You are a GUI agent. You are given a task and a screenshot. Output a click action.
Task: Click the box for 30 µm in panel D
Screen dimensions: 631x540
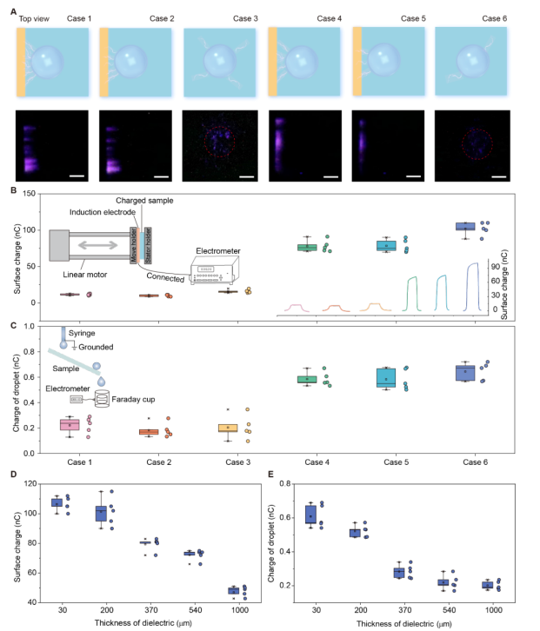pyautogui.click(x=57, y=502)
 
